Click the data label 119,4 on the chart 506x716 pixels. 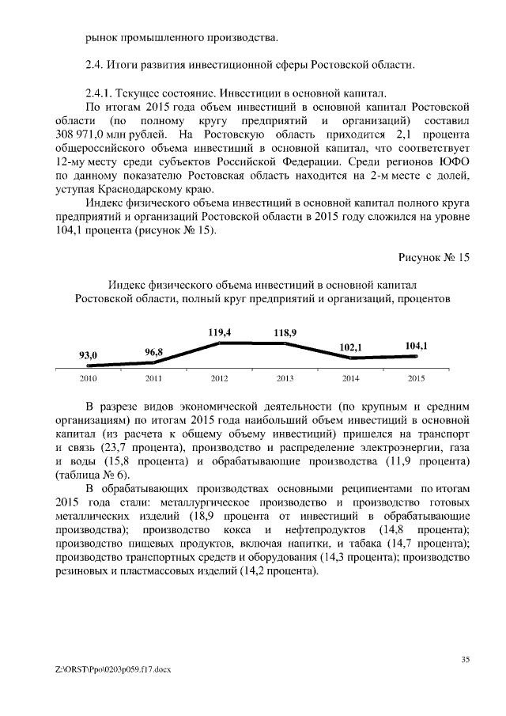coord(219,333)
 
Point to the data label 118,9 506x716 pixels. coord(285,333)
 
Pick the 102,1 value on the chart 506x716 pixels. coord(350,347)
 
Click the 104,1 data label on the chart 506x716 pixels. coord(416,345)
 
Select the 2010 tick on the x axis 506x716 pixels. coord(88,378)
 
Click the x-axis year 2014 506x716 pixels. coord(350,378)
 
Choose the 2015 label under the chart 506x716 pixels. coord(416,378)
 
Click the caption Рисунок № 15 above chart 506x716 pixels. coord(434,258)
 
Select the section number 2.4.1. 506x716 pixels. coord(100,91)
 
